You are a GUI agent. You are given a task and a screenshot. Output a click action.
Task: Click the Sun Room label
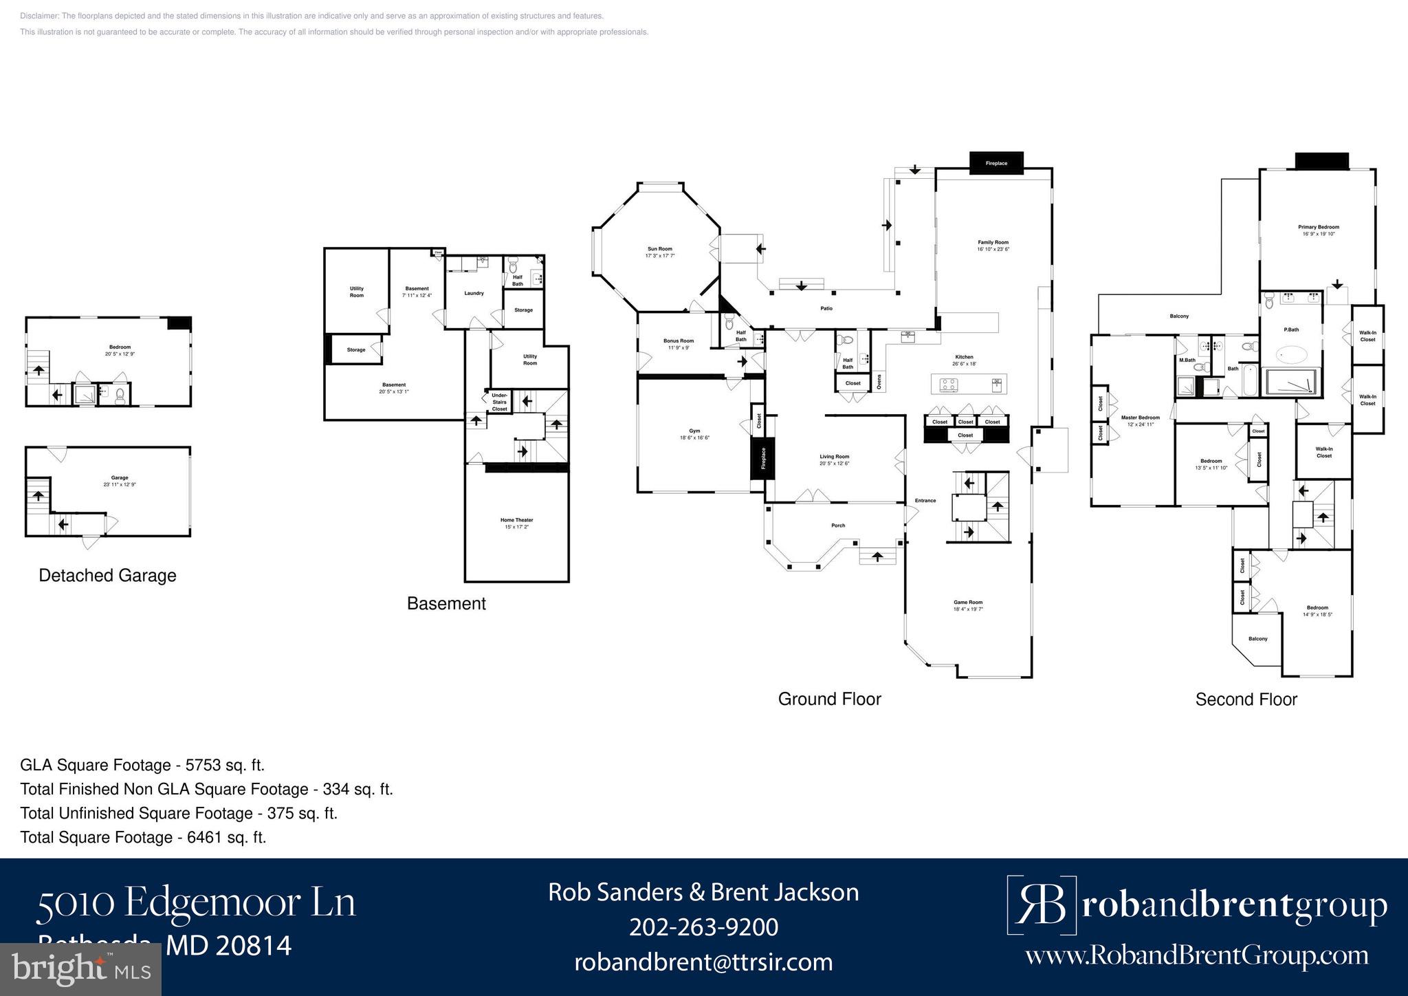point(659,249)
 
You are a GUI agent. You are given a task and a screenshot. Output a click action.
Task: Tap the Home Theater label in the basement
point(516,520)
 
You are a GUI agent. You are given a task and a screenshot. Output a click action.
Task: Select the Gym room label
point(694,431)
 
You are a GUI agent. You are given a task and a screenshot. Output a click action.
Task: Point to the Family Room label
point(993,242)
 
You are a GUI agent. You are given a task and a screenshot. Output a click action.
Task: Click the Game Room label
point(968,603)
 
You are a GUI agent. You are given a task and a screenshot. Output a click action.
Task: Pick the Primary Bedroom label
point(1318,227)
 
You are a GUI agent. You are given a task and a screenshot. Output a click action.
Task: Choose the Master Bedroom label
point(1140,418)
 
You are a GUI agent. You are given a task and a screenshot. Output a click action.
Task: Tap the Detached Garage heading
point(107,576)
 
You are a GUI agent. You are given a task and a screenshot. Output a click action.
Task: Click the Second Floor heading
point(1246,700)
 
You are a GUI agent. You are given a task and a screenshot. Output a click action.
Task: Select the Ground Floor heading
point(829,699)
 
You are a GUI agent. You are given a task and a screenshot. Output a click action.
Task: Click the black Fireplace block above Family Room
point(996,163)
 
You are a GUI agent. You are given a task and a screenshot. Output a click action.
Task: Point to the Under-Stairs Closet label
point(500,402)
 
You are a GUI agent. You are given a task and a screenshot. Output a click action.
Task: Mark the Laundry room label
point(474,293)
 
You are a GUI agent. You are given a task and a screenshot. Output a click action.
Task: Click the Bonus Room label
point(678,340)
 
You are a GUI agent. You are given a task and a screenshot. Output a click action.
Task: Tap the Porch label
point(838,526)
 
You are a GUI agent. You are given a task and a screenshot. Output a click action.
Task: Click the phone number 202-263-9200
point(703,927)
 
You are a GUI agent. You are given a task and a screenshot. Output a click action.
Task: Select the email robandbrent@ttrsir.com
point(703,962)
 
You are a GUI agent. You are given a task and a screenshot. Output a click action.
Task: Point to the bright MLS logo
point(80,970)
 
